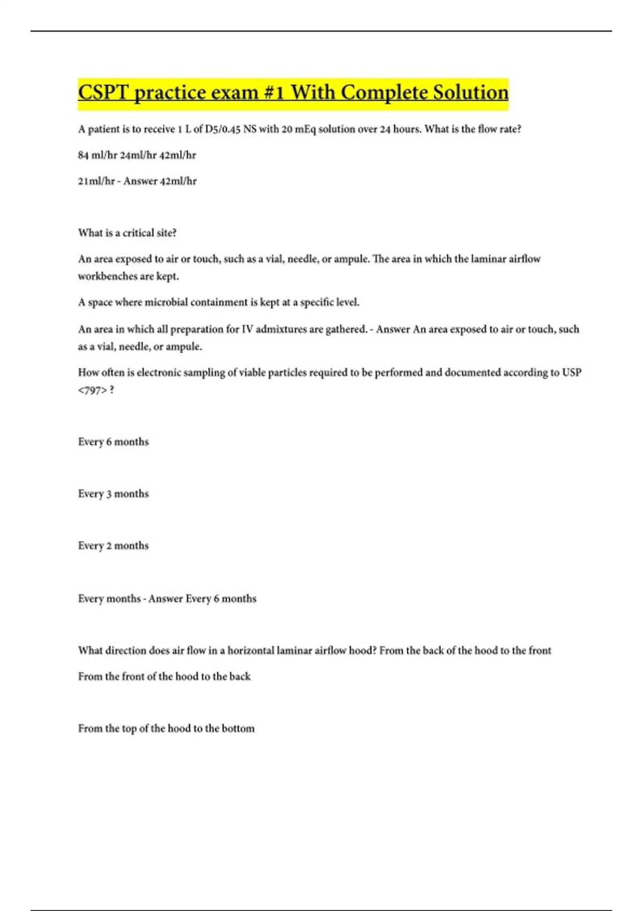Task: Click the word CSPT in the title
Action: (x=103, y=92)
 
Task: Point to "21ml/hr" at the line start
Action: (x=96, y=181)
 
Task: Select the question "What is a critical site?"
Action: (x=127, y=233)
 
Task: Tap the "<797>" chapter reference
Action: (x=92, y=390)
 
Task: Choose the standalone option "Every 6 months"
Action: (x=113, y=442)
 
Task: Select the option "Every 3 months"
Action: (x=113, y=494)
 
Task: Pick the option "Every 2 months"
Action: (x=113, y=546)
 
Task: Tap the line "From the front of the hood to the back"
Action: (x=164, y=676)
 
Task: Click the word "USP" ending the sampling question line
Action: (x=571, y=372)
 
